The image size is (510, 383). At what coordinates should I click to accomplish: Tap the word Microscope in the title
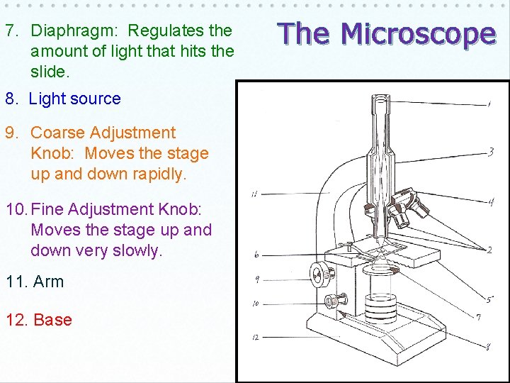pos(418,33)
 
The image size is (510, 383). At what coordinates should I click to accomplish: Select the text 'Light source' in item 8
pos(74,99)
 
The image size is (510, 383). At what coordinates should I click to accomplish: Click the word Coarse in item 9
pos(59,133)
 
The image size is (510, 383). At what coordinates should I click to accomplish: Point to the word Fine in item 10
pos(47,209)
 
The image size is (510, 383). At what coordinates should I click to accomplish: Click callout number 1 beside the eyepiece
pos(489,105)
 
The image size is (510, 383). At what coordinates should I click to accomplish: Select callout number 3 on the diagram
pos(491,151)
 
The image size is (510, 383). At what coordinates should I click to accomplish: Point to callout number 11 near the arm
pos(254,194)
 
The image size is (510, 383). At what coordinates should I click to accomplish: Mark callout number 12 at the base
pos(255,336)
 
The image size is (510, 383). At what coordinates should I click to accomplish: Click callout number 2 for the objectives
pos(489,250)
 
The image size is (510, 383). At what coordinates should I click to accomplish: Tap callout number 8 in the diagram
pos(489,347)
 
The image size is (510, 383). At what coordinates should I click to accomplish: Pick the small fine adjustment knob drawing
pos(330,301)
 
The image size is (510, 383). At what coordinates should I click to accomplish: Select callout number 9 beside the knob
pos(256,279)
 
